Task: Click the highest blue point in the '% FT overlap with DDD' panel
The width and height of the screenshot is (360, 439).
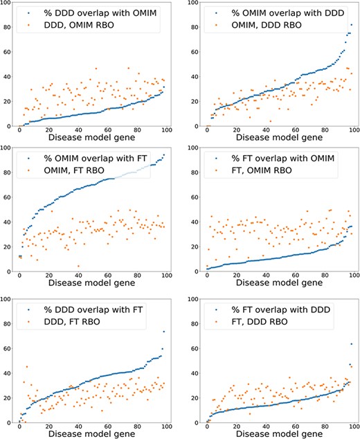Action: pyautogui.click(x=352, y=343)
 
